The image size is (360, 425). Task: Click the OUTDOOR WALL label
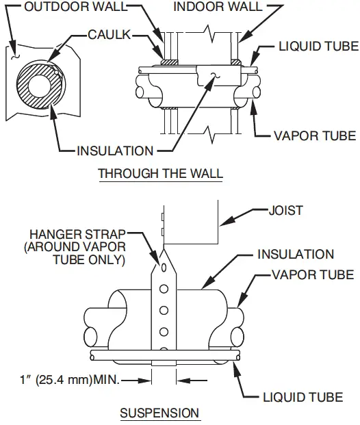[x=66, y=8]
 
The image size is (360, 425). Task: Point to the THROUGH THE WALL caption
[x=160, y=173]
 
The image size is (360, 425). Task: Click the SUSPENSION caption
[x=159, y=413]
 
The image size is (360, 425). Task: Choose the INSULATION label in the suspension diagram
[x=296, y=255]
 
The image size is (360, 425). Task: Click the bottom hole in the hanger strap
[x=164, y=335]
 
